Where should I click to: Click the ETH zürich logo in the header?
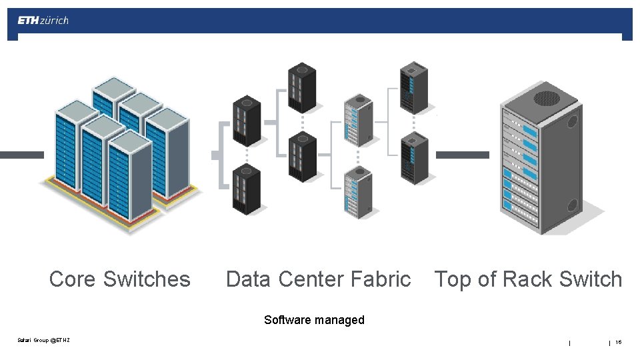(43, 20)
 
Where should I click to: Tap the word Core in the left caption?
(73, 279)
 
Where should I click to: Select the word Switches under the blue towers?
(147, 279)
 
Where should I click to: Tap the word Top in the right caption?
(453, 279)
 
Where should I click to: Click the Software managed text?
(314, 319)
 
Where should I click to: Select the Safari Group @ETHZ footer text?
(43, 341)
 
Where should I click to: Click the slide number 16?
(618, 342)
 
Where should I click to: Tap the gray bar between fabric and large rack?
(462, 155)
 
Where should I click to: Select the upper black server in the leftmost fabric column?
(246, 120)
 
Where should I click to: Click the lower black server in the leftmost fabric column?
(246, 190)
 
